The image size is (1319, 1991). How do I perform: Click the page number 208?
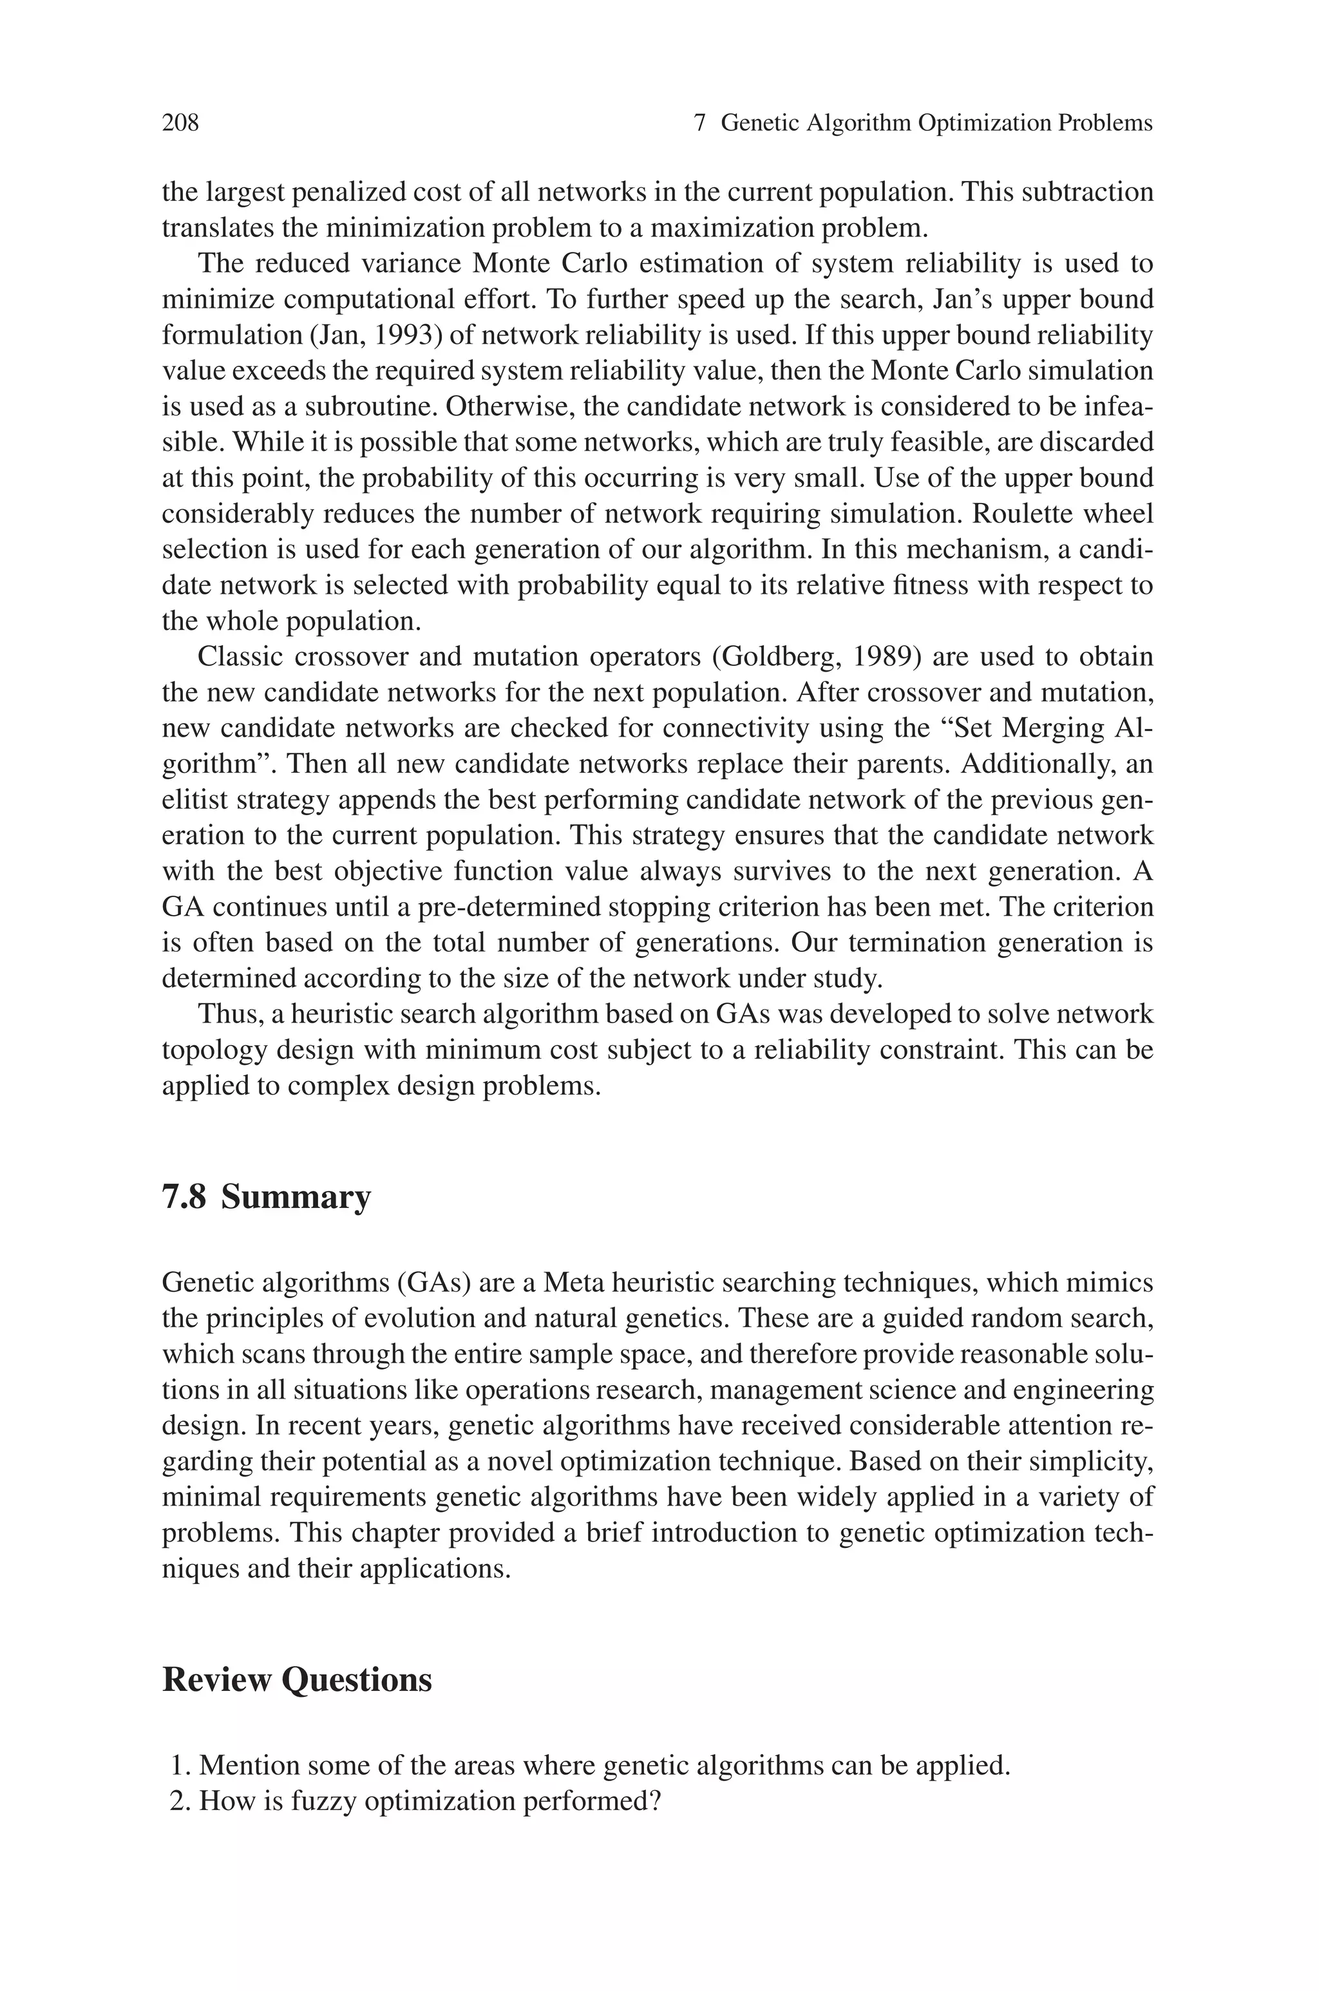(180, 124)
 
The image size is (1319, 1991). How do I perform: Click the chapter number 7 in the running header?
(699, 124)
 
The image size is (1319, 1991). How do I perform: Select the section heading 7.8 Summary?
(266, 1196)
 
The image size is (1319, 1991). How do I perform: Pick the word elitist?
(195, 800)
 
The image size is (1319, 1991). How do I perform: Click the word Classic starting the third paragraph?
(240, 657)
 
